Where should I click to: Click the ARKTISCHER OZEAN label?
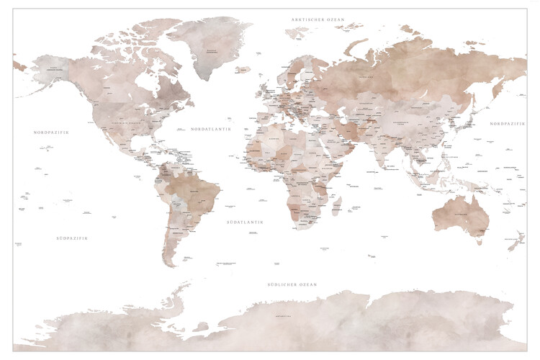point(318,19)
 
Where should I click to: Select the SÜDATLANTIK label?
point(245,222)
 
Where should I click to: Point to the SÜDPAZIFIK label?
point(72,238)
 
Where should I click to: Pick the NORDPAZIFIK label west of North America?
point(50,132)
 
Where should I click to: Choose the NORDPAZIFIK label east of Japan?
point(508,124)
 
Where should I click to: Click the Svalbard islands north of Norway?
point(295,32)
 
